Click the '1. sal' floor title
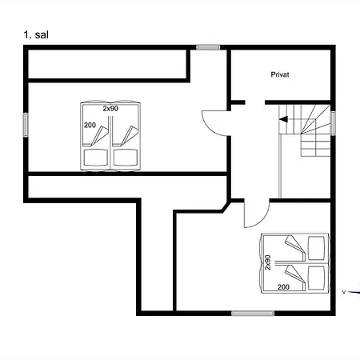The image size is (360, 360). tap(36, 35)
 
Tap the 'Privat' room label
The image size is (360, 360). tap(280, 74)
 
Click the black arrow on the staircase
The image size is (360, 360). tap(283, 119)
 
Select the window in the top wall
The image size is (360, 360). tap(208, 47)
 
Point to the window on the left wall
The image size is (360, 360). tap(26, 125)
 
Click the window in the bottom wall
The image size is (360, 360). tap(253, 314)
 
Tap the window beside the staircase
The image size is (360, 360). tap(333, 123)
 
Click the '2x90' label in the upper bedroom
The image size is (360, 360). tap(110, 109)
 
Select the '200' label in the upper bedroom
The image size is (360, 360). tap(90, 125)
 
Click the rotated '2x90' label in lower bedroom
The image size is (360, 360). tap(268, 262)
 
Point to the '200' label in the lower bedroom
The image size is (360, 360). tap(283, 287)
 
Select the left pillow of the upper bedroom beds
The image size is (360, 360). tap(96, 158)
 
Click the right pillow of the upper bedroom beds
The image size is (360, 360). tap(126, 158)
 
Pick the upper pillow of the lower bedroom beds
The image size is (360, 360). tap(317, 248)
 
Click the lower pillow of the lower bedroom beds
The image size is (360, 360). tap(317, 278)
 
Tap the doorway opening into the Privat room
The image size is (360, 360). tap(255, 102)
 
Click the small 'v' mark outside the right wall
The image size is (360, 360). tap(344, 292)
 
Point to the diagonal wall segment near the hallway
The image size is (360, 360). tap(226, 206)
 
